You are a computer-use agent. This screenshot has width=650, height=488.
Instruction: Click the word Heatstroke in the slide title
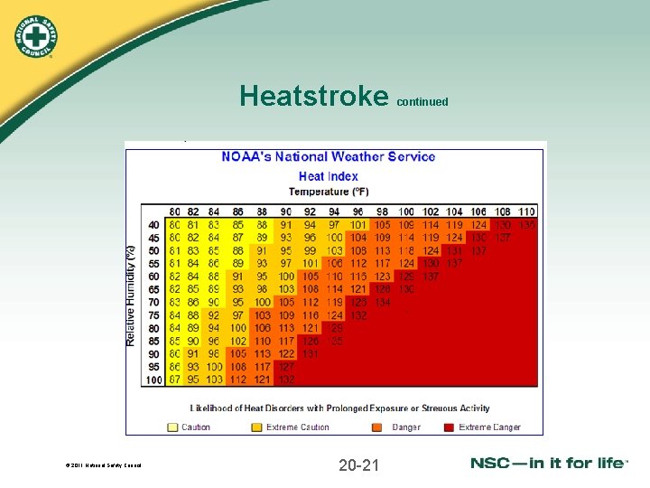click(x=313, y=96)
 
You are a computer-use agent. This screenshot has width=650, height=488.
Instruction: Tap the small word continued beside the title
click(x=422, y=102)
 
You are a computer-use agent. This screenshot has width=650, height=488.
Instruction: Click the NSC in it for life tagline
click(x=549, y=463)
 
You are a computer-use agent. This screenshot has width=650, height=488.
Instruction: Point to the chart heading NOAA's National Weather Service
click(x=329, y=156)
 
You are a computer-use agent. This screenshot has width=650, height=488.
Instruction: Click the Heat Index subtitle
click(x=329, y=176)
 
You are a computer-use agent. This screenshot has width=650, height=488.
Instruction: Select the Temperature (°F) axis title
click(x=329, y=192)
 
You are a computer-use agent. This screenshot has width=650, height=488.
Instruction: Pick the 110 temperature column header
click(x=526, y=211)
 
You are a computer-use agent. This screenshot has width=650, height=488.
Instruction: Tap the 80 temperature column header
click(x=174, y=211)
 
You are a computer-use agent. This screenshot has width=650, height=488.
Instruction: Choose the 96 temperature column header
click(x=357, y=211)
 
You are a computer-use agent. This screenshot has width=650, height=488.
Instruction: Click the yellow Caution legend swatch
click(x=172, y=427)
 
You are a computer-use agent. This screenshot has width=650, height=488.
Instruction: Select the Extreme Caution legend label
click(x=298, y=427)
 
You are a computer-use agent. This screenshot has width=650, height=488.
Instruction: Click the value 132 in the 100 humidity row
click(x=287, y=380)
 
